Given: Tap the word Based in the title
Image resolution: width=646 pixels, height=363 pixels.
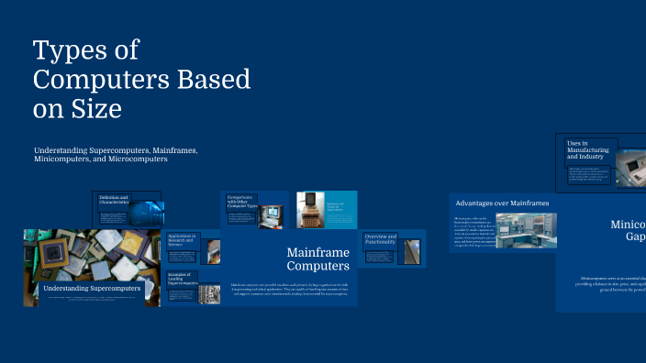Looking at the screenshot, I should point(210,79).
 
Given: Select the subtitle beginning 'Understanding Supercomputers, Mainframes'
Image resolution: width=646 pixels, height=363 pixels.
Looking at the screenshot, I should point(116,154).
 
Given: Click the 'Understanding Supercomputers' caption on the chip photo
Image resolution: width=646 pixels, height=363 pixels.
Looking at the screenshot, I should point(92,289).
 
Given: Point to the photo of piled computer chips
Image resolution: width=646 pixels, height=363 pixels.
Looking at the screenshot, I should point(92,257).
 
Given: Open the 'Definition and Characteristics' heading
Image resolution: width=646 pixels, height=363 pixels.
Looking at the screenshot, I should point(115,198).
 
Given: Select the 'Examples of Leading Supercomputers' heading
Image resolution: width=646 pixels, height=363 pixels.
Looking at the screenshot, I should point(183,279).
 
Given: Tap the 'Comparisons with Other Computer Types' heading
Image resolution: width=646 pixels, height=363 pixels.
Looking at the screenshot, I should point(240,201).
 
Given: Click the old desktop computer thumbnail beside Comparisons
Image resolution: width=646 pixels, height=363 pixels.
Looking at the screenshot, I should point(273,215).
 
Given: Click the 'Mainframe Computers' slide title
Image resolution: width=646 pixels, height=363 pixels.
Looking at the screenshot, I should point(317,258).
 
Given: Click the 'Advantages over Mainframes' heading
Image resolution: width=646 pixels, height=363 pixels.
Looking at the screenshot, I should point(502,203).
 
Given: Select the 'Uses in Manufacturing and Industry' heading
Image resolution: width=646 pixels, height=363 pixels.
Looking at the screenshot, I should point(585,150).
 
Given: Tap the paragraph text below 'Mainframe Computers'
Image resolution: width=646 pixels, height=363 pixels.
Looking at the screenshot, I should point(288,291).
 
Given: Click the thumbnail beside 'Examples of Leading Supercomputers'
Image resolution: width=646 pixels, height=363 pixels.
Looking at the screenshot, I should point(210,294).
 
